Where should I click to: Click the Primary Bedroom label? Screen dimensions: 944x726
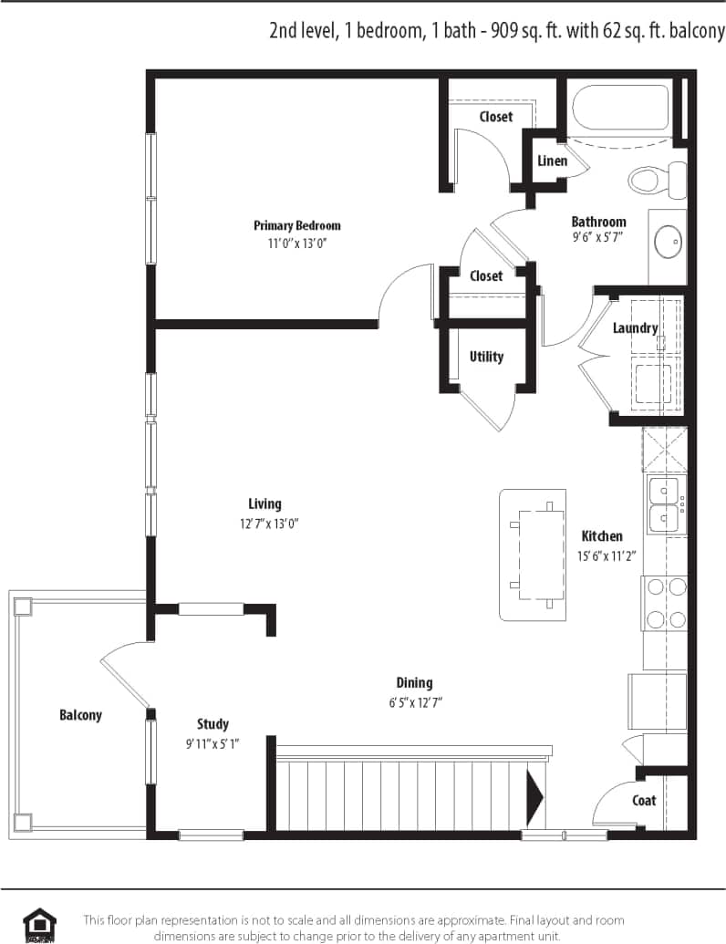296,225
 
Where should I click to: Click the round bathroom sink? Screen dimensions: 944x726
669,241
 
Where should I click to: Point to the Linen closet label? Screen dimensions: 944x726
552,161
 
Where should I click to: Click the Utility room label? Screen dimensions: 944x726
486,357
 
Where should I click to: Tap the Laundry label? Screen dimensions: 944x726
635,328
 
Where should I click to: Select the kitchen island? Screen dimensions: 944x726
533,555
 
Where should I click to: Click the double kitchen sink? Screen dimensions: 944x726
663,504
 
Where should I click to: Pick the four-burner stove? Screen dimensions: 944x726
665,603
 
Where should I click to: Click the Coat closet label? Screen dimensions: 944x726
644,800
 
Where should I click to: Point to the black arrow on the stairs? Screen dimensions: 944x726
534,794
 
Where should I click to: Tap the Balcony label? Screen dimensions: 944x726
80,715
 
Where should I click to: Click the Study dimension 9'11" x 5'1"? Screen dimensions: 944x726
212,743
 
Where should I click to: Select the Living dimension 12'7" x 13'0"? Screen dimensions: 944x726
264,524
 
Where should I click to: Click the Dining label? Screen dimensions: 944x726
414,682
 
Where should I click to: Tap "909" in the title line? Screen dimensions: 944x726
508,31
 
